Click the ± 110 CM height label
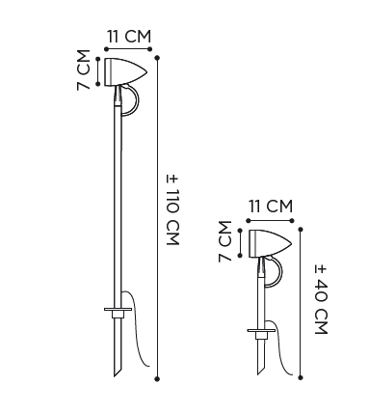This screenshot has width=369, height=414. coord(172,210)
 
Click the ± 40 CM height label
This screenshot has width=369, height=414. coord(321,300)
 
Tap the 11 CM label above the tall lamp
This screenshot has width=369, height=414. coord(128,37)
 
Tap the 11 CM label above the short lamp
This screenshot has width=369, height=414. coord(271,207)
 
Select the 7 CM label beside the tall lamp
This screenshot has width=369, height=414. coord(84,69)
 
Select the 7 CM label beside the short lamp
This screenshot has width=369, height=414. coord(225,241)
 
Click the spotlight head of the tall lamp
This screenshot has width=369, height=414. coord(125,72)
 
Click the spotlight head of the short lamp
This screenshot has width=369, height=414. coord(271,244)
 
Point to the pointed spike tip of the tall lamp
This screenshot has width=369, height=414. coord(115,376)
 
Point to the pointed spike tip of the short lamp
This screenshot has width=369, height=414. coord(258,374)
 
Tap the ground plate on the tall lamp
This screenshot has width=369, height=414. coord(118,310)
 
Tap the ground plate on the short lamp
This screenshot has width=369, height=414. coord(261,330)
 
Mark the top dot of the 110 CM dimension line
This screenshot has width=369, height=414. coord(157,58)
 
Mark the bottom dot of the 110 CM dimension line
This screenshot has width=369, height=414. coord(157,378)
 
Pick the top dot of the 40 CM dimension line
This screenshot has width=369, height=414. coord(301,230)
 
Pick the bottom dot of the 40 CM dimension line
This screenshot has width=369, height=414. coord(301,377)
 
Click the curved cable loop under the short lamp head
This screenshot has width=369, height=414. coord(281,271)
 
